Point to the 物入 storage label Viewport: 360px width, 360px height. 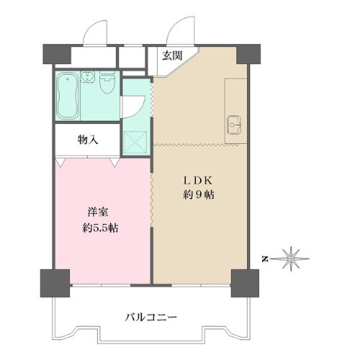(x=88, y=139)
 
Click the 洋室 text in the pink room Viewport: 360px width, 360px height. (x=99, y=214)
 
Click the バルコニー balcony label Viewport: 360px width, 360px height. (x=150, y=316)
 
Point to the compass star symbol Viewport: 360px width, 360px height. (x=292, y=256)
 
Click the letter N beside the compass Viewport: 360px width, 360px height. (x=265, y=257)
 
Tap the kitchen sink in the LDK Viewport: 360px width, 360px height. (x=235, y=125)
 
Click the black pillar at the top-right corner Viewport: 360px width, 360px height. (x=248, y=53)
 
